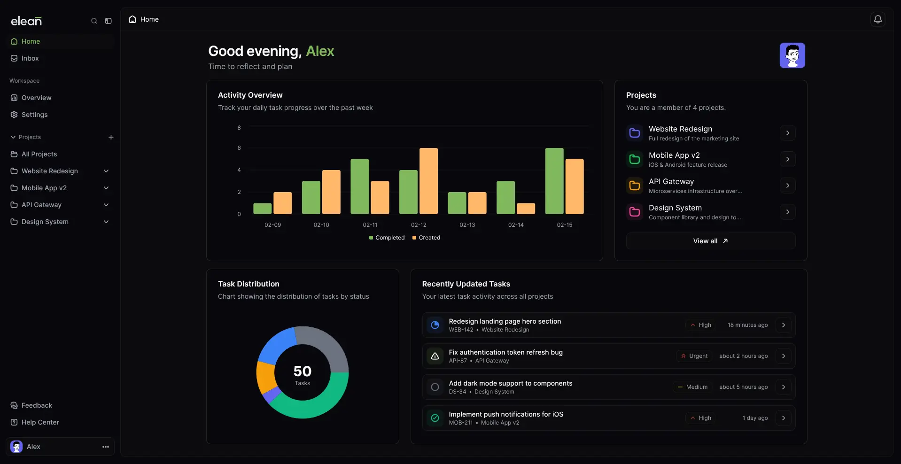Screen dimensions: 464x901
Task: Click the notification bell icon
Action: [878, 19]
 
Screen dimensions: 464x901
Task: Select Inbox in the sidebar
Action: [30, 58]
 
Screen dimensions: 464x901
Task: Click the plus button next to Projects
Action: [111, 137]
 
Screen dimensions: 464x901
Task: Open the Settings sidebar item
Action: [34, 115]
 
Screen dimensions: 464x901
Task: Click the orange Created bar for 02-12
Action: [428, 181]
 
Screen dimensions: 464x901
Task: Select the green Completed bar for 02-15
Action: [554, 181]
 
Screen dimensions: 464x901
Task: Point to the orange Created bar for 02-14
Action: [526, 209]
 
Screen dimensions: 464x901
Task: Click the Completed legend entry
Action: [387, 238]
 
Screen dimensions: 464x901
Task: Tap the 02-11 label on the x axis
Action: [370, 225]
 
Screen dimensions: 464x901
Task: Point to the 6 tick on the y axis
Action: [239, 148]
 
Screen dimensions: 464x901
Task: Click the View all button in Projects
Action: [710, 241]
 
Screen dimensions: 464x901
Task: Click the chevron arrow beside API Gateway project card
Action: [787, 186]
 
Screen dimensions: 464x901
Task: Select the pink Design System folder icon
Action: [634, 212]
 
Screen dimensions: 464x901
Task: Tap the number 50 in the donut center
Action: [302, 371]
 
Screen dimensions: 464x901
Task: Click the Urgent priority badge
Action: [694, 356]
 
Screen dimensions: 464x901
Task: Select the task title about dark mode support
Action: [510, 383]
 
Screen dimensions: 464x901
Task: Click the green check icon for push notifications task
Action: [435, 418]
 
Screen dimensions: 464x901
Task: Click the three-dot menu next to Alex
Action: [106, 447]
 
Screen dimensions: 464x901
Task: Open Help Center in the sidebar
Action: [40, 422]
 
